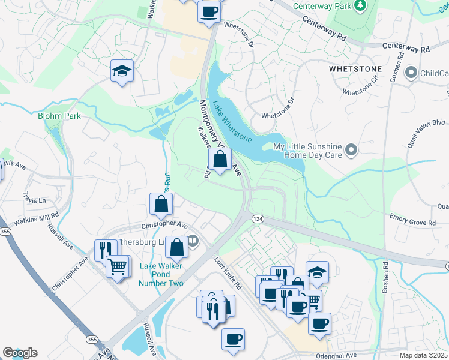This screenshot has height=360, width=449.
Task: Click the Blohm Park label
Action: coord(58,115)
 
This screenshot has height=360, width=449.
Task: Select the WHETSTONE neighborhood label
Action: coord(356,69)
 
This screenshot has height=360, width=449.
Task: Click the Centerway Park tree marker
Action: coord(360,6)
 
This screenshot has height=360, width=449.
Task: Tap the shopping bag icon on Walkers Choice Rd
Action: coord(220,159)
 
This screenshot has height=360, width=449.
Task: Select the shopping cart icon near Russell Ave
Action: coord(118,265)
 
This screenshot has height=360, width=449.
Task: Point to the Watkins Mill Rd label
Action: coord(38,215)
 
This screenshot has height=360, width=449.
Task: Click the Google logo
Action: coord(20,353)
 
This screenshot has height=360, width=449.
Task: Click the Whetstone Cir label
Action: coord(361,88)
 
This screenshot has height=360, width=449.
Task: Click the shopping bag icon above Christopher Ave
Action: coord(161,204)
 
